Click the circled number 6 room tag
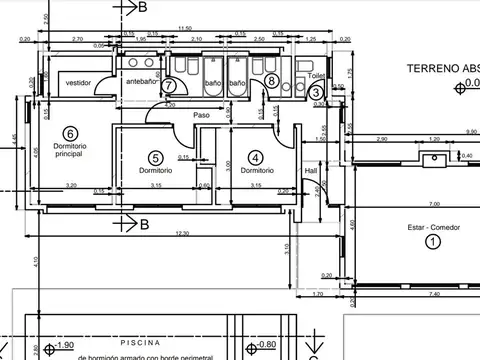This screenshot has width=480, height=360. pos(70,133)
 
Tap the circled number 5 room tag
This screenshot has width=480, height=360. pos(155,157)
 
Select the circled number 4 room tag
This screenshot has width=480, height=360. pos(256,157)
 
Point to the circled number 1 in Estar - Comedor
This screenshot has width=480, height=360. pos(433,241)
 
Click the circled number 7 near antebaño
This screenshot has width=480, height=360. pos(169,86)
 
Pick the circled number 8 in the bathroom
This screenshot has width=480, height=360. pos(271,80)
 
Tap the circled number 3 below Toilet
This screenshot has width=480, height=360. pos(316,92)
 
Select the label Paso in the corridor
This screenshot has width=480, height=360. pos(201,115)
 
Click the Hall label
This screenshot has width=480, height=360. pos(311,170)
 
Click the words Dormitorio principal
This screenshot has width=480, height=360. pos(70,152)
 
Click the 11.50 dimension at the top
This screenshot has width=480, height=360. pos(185,28)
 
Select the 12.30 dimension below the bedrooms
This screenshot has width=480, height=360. pos(180,234)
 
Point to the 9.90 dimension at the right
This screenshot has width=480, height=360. pos(471,132)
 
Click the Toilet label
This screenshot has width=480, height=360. pos(316,75)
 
